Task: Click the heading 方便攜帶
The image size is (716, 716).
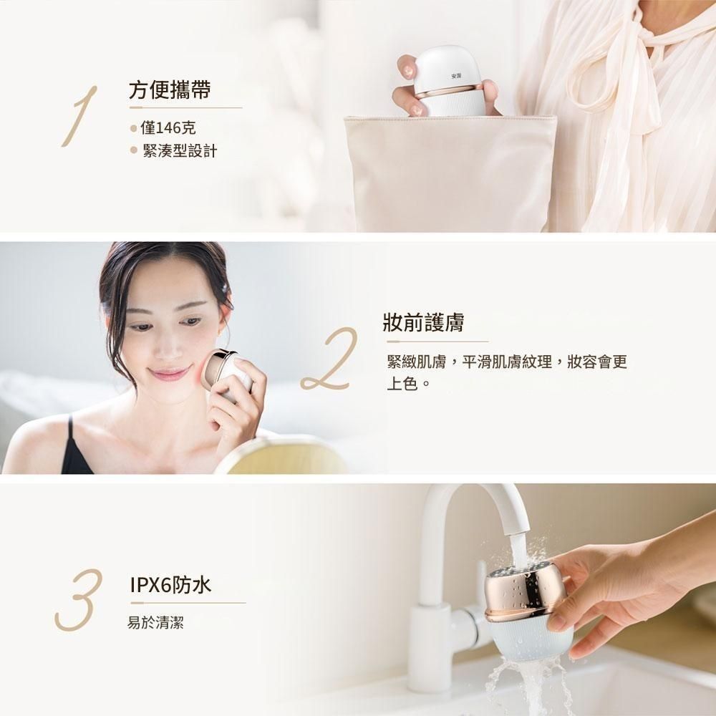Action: pyautogui.click(x=170, y=89)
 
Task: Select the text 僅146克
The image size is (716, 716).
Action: pyautogui.click(x=168, y=128)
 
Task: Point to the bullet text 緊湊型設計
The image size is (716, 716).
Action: pyautogui.click(x=180, y=150)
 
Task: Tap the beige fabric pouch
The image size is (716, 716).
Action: pyautogui.click(x=450, y=173)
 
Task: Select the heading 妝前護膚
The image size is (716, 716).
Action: pyautogui.click(x=424, y=322)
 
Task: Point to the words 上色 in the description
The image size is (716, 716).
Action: pyautogui.click(x=402, y=384)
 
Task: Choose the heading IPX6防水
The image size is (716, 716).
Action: pyautogui.click(x=170, y=586)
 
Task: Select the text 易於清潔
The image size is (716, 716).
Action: pyautogui.click(x=155, y=622)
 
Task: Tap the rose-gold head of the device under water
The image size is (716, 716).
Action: pyautogui.click(x=525, y=594)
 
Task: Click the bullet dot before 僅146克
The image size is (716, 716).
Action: pyautogui.click(x=133, y=129)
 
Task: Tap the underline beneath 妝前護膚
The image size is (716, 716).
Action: pyautogui.click(x=437, y=341)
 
